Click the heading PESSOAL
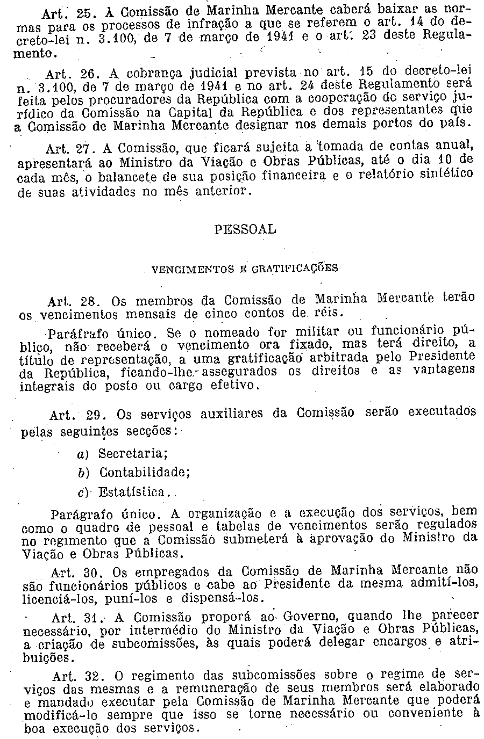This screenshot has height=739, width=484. click(245, 229)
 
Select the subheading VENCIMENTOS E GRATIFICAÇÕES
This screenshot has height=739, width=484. click(245, 268)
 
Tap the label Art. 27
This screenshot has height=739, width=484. click(63, 147)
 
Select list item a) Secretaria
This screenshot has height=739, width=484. click(123, 454)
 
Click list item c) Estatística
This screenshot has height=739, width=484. click(123, 492)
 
